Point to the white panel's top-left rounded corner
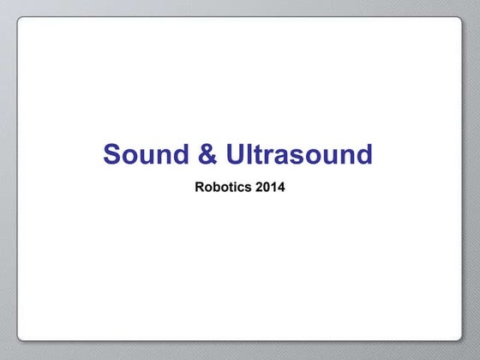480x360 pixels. click(x=21, y=21)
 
